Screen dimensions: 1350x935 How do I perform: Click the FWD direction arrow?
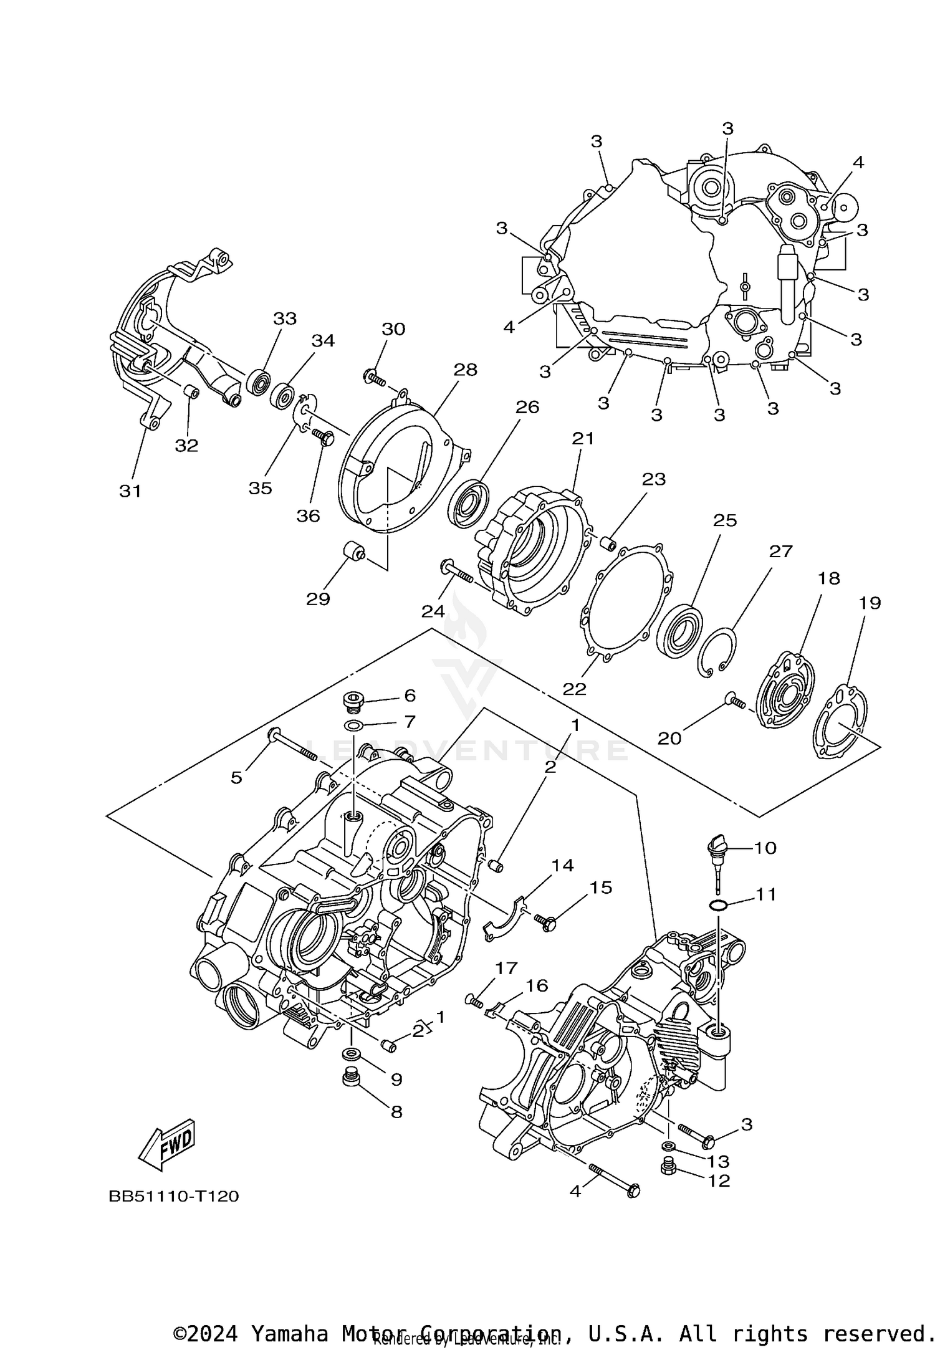coord(167,1146)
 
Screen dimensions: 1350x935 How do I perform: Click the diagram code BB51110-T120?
coord(174,1196)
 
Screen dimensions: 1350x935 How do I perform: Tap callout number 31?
coord(130,491)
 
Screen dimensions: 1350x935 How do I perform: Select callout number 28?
coord(465,370)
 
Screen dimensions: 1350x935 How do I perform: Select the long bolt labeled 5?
coord(296,744)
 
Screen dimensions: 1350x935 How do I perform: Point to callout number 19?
coord(870,603)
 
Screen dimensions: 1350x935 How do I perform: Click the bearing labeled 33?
coord(258,381)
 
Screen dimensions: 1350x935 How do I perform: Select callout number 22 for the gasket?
coord(574,689)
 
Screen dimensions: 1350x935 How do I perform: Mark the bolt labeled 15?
coord(546,921)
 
